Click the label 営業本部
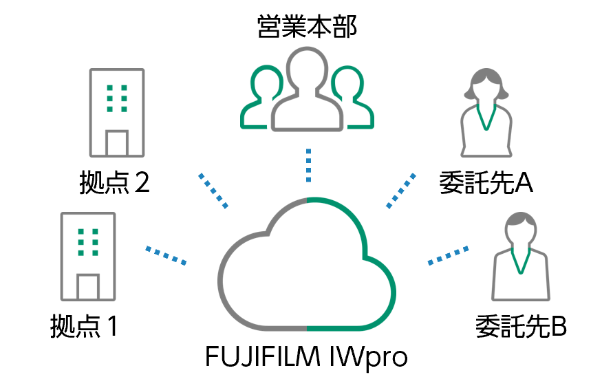(x=307, y=28)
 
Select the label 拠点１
(x=85, y=326)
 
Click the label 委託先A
(x=487, y=184)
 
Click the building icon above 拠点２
(x=117, y=113)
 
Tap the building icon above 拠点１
(x=87, y=256)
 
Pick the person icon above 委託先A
(x=487, y=112)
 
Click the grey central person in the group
(x=307, y=89)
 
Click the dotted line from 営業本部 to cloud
(x=308, y=165)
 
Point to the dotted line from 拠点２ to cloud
(x=213, y=191)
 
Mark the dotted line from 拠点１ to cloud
(x=166, y=255)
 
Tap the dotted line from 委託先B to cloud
(x=449, y=255)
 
